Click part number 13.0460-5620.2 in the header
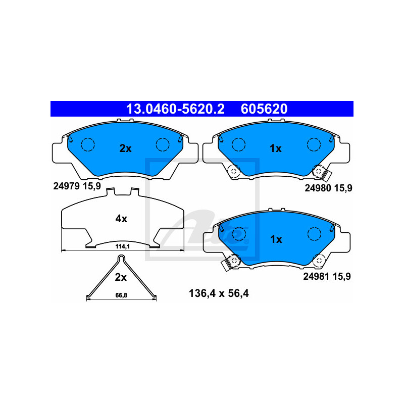(x=175, y=109)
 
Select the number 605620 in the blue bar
(x=264, y=109)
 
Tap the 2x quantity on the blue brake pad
(x=125, y=148)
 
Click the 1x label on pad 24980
(x=275, y=148)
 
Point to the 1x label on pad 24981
(x=275, y=239)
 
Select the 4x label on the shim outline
(x=121, y=219)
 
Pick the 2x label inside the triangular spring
(x=120, y=277)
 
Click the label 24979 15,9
(x=77, y=186)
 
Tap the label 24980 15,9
(x=328, y=188)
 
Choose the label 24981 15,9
(x=327, y=276)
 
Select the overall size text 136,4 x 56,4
(x=218, y=293)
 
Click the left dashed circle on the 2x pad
(x=88, y=144)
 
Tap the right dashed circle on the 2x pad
(x=163, y=144)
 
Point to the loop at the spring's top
(x=121, y=259)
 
